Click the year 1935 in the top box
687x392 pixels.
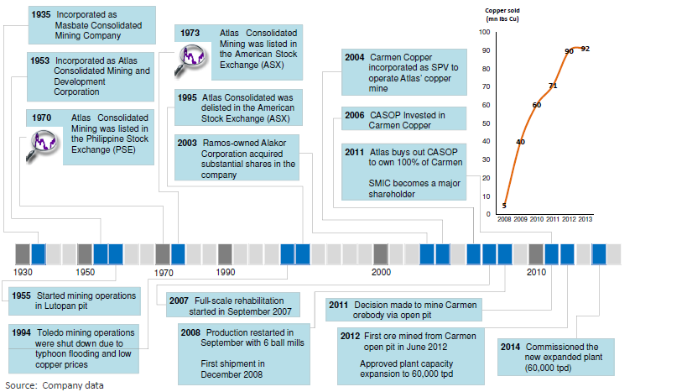(x=41, y=14)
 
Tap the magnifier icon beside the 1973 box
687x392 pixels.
(x=190, y=61)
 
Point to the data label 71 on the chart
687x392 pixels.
(x=553, y=86)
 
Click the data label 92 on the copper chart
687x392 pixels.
(x=586, y=49)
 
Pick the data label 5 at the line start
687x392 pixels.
(x=504, y=205)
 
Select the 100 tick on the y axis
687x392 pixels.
(x=485, y=32)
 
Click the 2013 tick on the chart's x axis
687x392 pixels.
(x=585, y=219)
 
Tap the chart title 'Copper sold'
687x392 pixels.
(x=502, y=11)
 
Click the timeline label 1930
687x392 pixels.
(x=23, y=272)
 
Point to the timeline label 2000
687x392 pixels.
(x=381, y=272)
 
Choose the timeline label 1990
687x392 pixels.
(x=225, y=272)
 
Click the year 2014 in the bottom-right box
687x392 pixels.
(x=511, y=347)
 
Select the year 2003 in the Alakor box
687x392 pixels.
(x=187, y=143)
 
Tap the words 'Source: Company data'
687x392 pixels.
(x=55, y=385)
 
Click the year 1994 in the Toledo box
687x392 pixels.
(x=22, y=332)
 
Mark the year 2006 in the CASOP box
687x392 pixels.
(x=355, y=115)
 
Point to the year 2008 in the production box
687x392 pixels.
(x=190, y=332)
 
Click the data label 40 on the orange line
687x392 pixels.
(x=521, y=142)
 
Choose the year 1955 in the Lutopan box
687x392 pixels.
(x=22, y=296)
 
